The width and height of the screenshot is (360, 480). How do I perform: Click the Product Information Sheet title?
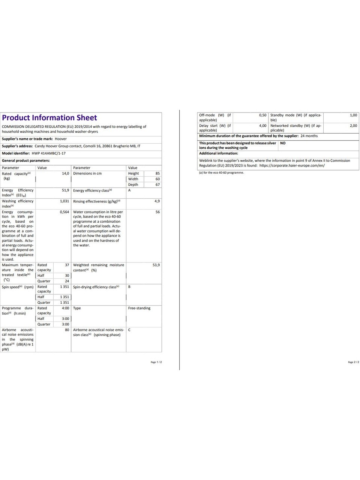(x=49, y=118)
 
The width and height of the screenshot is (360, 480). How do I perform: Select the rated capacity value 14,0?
(x=65, y=174)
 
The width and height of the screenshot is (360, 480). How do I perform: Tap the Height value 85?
(x=157, y=174)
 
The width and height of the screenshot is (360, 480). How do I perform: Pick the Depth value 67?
(x=157, y=184)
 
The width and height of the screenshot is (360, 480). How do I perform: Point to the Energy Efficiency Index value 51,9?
(x=65, y=190)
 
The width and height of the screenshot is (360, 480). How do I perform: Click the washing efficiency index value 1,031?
(x=64, y=201)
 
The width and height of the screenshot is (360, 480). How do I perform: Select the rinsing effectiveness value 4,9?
(x=157, y=201)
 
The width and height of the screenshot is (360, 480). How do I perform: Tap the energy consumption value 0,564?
(x=64, y=212)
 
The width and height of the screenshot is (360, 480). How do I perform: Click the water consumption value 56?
(x=157, y=212)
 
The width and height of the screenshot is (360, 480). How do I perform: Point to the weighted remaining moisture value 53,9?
(x=156, y=265)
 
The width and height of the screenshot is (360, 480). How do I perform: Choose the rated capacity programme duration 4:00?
(x=65, y=308)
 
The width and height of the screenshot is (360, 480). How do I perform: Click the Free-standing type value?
(x=139, y=308)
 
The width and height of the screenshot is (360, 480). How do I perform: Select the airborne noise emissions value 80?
(x=67, y=330)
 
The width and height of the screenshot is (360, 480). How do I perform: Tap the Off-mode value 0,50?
(x=262, y=115)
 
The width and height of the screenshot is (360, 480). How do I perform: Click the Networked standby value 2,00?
(x=353, y=126)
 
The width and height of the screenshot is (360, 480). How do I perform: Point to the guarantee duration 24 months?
(x=309, y=136)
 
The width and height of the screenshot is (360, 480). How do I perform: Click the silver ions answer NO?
(x=283, y=143)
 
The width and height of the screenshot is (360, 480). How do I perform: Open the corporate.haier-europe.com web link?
(x=292, y=165)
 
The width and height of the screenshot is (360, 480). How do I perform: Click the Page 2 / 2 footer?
(x=353, y=362)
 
